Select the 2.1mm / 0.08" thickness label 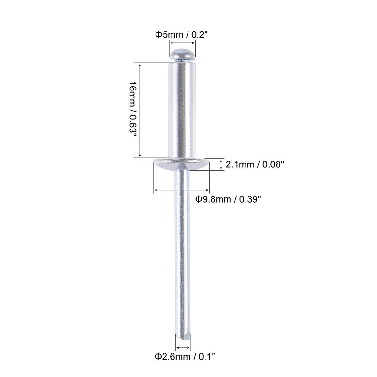point(254,164)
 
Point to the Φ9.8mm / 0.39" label point(228,199)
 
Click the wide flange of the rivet point(182,164)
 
